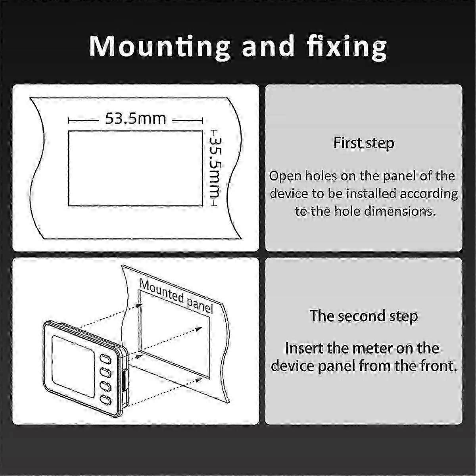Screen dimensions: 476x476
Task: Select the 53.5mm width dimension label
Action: click(x=136, y=119)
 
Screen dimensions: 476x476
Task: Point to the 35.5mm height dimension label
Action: click(x=214, y=167)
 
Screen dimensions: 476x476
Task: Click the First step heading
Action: click(x=364, y=143)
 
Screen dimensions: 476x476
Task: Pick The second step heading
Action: click(x=364, y=316)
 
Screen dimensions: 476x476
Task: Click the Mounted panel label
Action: click(x=176, y=296)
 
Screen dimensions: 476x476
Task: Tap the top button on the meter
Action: click(x=105, y=359)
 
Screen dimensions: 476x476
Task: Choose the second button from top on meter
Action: click(x=105, y=372)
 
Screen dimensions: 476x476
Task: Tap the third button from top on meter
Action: click(x=105, y=386)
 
